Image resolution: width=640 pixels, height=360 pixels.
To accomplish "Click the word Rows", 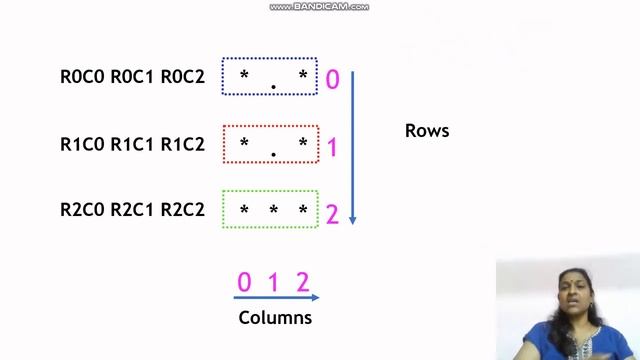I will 427,131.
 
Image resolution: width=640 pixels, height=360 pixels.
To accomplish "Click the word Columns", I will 275,318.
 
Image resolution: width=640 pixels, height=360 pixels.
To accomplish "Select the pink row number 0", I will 333,79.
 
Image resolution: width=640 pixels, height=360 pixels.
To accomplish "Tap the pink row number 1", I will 333,148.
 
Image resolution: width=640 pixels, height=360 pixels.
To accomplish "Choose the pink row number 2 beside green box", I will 333,213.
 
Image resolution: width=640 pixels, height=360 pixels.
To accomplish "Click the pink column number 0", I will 244,282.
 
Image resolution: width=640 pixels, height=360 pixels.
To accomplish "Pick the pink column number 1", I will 273,282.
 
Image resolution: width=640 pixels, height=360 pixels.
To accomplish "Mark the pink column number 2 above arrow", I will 302,282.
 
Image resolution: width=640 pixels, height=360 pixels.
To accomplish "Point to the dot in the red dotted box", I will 273,155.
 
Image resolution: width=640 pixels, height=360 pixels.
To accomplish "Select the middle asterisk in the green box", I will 273,211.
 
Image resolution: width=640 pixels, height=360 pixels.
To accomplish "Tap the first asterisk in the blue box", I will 244,76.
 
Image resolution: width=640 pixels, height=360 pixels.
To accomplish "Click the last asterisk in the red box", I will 303,144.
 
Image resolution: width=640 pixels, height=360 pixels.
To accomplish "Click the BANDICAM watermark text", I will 319,6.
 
